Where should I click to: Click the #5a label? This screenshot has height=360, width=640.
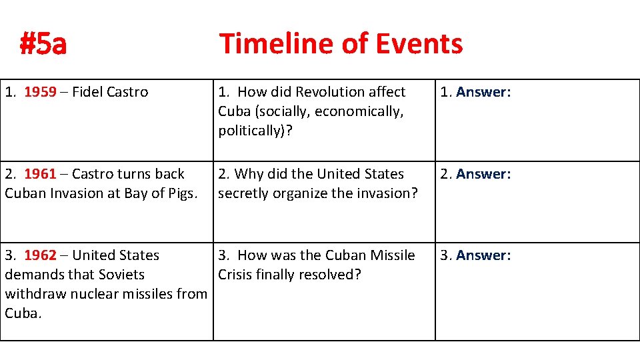tap(43, 45)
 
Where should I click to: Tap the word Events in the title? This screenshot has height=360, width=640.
tap(419, 44)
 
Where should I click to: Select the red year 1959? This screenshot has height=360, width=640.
tap(41, 92)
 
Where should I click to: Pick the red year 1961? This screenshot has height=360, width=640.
tap(41, 174)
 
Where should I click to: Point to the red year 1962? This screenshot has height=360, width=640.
tap(41, 255)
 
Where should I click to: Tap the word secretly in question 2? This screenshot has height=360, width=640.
tap(243, 193)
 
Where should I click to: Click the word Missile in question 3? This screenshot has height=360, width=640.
tap(392, 255)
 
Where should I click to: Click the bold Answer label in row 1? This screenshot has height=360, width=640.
tap(483, 92)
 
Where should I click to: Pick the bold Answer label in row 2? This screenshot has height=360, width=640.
tap(483, 174)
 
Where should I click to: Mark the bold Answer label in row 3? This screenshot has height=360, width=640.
tap(483, 255)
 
